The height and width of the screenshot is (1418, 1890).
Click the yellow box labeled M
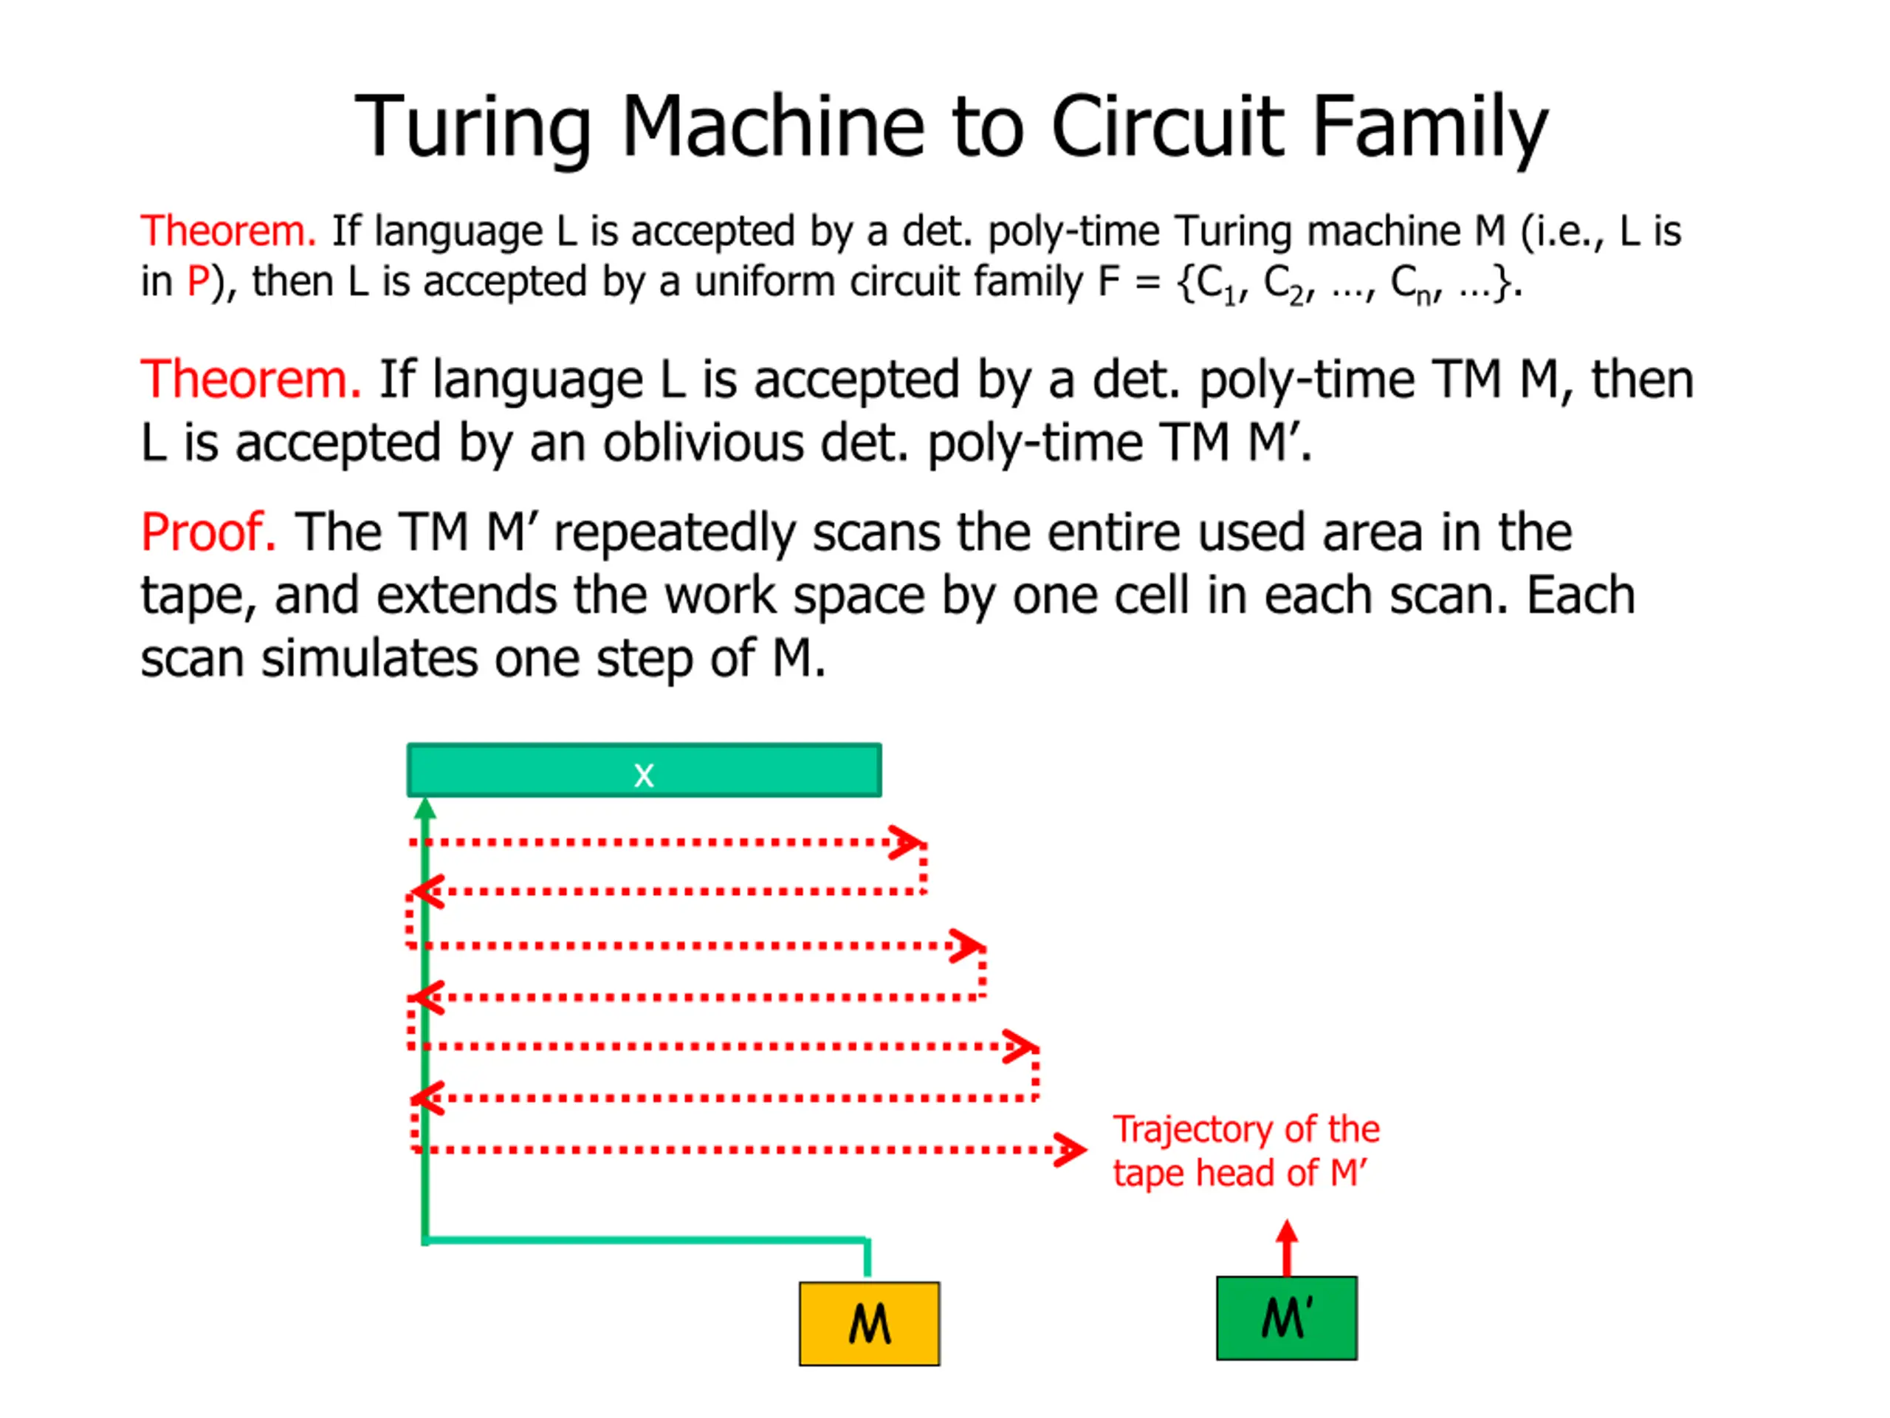(x=869, y=1323)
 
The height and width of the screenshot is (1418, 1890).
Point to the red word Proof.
(x=207, y=532)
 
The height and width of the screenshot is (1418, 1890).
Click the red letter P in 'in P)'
(x=197, y=282)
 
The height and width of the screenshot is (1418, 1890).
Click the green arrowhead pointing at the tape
(x=425, y=809)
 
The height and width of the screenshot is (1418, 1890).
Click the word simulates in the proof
(x=370, y=659)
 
